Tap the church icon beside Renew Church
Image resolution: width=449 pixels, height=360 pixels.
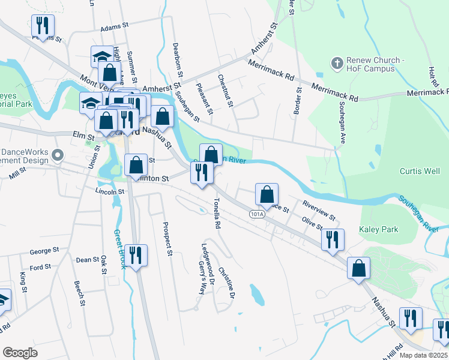(337, 62)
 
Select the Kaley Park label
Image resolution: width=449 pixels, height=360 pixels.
(378, 229)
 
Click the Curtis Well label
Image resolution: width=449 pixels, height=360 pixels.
(420, 171)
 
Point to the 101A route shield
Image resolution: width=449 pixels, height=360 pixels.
(256, 214)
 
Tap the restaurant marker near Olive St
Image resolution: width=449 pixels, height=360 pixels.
(333, 240)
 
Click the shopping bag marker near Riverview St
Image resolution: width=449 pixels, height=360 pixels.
(267, 194)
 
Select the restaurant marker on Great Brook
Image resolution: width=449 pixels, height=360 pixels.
(136, 256)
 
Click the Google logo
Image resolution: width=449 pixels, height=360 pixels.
(20, 353)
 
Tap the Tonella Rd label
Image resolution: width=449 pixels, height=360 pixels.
(215, 214)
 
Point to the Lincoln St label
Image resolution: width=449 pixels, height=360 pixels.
(109, 191)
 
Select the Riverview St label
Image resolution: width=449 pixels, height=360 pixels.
(319, 210)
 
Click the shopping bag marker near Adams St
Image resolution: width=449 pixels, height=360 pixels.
(110, 73)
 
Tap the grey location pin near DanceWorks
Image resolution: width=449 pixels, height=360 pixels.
(58, 156)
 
